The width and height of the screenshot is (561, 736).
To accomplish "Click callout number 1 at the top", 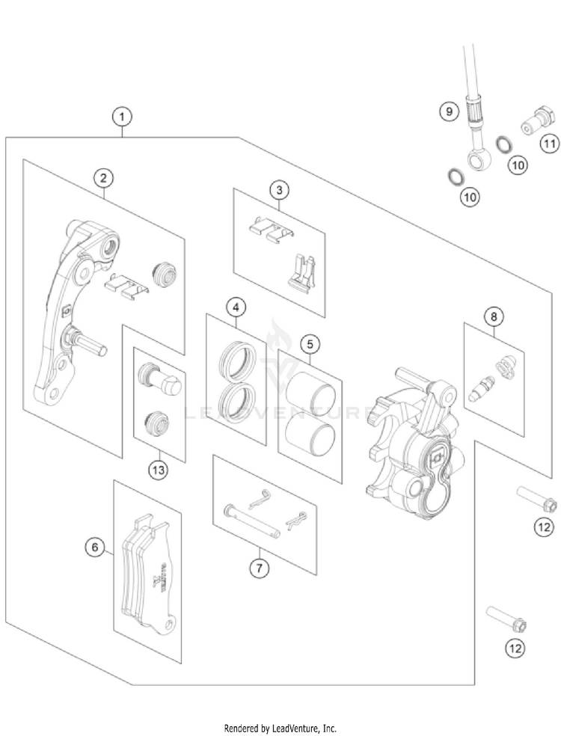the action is pos(122,116).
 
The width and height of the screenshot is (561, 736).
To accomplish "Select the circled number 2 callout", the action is pos(104,177).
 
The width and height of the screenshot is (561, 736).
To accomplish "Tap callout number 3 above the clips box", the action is pos(278,189).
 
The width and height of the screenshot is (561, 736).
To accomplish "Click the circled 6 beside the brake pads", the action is pos(95,548).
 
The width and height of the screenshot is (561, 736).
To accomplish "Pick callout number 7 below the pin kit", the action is pos(259,568).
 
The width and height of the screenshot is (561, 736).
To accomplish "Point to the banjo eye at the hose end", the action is pos(473,159).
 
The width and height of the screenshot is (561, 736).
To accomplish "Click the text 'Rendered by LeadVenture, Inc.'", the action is pos(280,727).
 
